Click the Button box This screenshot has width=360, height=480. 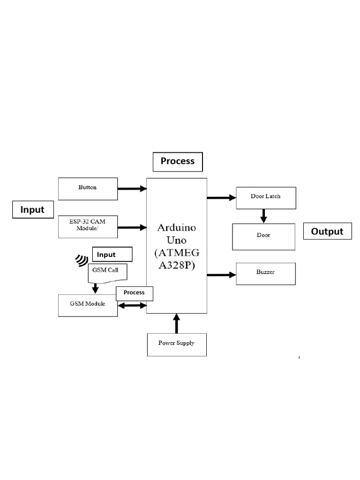pyautogui.click(x=88, y=188)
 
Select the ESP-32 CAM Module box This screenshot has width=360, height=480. pyautogui.click(x=88, y=227)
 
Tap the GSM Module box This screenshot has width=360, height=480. pyautogui.click(x=87, y=305)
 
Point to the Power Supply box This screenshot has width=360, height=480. pyautogui.click(x=176, y=344)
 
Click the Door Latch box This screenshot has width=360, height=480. pyautogui.click(x=266, y=197)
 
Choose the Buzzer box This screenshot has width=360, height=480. pyautogui.click(x=266, y=273)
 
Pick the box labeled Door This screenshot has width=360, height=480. pyautogui.click(x=264, y=236)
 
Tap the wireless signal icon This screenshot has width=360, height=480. pyautogui.click(x=82, y=260)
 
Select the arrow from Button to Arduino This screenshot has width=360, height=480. pyautogui.click(x=132, y=188)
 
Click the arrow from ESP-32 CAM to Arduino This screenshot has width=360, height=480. pyautogui.click(x=132, y=228)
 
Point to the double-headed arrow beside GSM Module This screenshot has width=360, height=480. pyautogui.click(x=132, y=306)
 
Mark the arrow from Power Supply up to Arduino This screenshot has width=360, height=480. pyautogui.click(x=177, y=323)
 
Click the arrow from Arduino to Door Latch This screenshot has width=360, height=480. pyautogui.click(x=222, y=197)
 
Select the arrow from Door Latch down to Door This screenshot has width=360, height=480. pyautogui.click(x=264, y=216)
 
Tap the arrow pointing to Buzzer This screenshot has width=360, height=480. pyautogui.click(x=222, y=275)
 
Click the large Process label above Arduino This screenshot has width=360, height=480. pyautogui.click(x=177, y=161)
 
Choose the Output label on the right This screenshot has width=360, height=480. pyautogui.click(x=327, y=231)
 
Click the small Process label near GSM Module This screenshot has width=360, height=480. pyautogui.click(x=135, y=292)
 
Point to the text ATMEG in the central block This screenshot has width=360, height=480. pyautogui.click(x=177, y=253)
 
